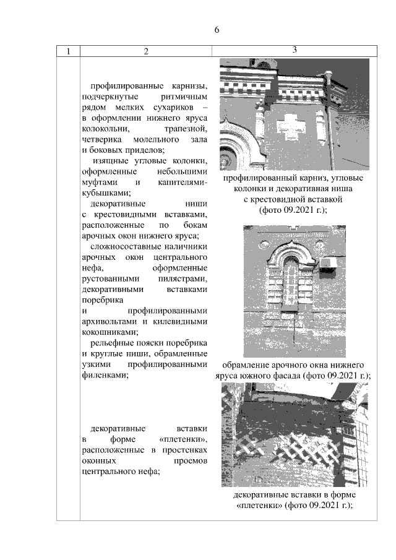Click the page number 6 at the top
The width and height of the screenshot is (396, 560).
tap(217, 30)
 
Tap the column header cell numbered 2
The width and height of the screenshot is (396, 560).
tap(146, 51)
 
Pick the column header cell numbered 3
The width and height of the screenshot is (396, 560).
tap(295, 50)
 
